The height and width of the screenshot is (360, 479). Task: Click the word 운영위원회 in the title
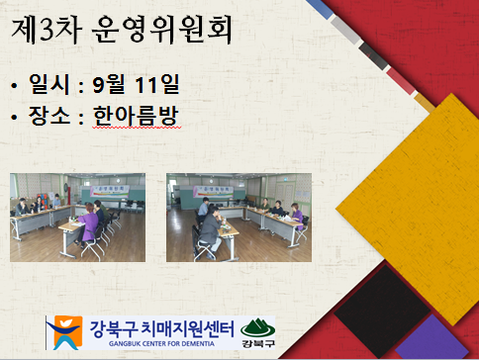(161, 30)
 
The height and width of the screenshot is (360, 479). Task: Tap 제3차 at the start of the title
(47, 30)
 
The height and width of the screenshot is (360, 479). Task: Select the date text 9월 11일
(136, 84)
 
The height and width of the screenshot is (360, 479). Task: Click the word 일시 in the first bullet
(49, 84)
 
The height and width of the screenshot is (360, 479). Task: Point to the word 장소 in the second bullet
(49, 116)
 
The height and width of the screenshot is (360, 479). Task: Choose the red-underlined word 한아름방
(137, 116)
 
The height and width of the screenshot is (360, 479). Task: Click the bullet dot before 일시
(14, 86)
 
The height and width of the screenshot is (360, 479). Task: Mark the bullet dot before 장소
(14, 117)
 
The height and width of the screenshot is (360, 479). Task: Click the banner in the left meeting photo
(110, 191)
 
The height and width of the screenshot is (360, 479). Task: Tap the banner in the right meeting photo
(214, 192)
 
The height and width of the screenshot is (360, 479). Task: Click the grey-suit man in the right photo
(210, 231)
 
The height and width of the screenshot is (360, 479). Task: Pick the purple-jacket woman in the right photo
(297, 215)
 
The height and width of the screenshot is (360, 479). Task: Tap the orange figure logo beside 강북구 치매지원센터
(64, 332)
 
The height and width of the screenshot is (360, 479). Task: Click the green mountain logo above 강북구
(257, 327)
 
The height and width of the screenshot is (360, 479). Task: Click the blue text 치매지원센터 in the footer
(188, 329)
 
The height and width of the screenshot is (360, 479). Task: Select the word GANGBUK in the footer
(122, 344)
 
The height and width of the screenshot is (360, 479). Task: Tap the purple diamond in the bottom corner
(432, 339)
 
